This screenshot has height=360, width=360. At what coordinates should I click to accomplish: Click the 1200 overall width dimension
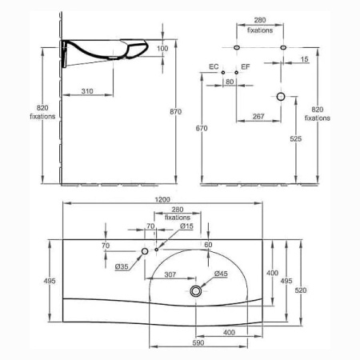pos(162,199)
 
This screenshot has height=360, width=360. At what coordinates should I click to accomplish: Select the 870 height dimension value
pos(176,111)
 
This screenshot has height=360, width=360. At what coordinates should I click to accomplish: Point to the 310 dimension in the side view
pos(87,91)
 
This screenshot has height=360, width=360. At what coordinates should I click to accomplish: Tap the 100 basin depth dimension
pos(162,49)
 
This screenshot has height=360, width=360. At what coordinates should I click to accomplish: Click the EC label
pos(214,66)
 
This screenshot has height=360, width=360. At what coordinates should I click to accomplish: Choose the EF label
pos(246,66)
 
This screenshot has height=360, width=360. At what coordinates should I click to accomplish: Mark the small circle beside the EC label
pos(223,73)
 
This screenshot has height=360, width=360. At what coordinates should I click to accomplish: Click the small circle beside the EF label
pos(236,73)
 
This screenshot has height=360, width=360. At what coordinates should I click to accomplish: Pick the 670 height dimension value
pos(202,128)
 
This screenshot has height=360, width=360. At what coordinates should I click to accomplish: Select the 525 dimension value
pos(296,138)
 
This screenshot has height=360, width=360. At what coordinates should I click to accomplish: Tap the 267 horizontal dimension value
pos(258,116)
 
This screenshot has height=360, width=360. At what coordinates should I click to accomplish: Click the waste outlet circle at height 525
pos(281,97)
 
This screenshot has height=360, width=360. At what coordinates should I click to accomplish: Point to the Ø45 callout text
pos(221,274)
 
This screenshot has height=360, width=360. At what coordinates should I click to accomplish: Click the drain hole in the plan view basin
pos(196,291)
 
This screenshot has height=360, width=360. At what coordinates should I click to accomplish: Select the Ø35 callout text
pos(122,266)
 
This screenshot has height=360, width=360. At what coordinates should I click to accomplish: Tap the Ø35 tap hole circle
pos(145,251)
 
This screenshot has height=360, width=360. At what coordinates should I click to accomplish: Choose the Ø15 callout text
pos(186,226)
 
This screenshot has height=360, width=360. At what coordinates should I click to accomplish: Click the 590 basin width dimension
pos(198,342)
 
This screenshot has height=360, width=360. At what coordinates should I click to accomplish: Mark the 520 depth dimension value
pos(301,290)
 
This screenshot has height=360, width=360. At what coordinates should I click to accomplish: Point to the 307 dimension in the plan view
pos(170,274)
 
